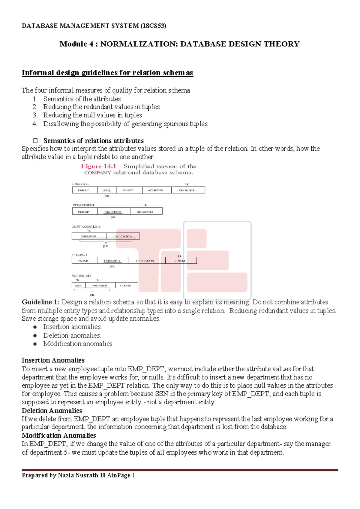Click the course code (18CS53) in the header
pyautogui.click(x=153, y=26)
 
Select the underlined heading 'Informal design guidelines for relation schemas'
pyautogui.click(x=107, y=73)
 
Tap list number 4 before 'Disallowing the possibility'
pyautogui.click(x=35, y=124)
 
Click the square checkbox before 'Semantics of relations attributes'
pyautogui.click(x=35, y=141)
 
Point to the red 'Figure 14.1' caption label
pyautogui.click(x=98, y=166)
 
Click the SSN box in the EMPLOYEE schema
pyautogui.click(x=106, y=190)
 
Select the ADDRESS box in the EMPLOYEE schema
pyautogui.click(x=156, y=190)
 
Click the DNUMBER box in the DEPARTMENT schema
pyautogui.click(x=113, y=212)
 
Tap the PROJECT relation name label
pyautogui.click(x=79, y=255)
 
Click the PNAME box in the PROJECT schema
pyautogui.click(x=84, y=261)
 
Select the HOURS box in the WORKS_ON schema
pyautogui.click(x=125, y=285)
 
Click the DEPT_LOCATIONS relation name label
pyautogui.click(x=86, y=227)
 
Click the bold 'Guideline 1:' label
pyautogui.click(x=40, y=302)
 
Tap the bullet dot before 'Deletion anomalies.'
pyautogui.click(x=35, y=336)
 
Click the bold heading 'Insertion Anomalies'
pyautogui.click(x=53, y=360)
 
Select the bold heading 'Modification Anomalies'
pyautogui.click(x=58, y=436)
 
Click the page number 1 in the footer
pyautogui.click(x=133, y=475)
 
